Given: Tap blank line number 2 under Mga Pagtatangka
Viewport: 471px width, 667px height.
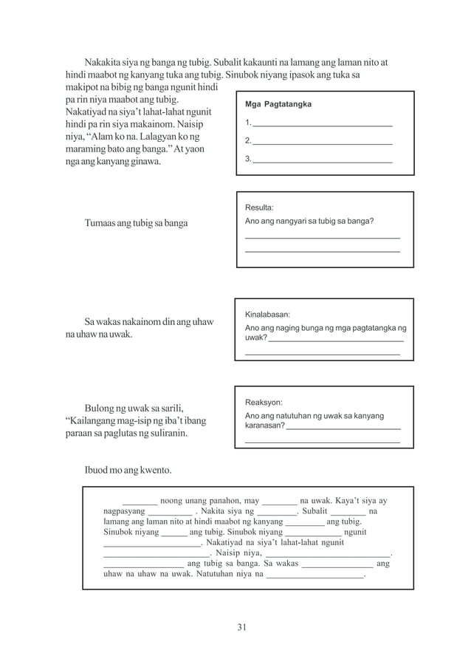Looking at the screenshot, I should coord(322,140).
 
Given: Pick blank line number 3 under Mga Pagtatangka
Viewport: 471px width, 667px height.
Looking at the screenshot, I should coord(322,159).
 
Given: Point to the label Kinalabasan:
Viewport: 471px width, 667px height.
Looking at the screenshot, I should coord(267,313).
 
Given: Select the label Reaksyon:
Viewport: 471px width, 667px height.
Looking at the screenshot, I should coord(263,403).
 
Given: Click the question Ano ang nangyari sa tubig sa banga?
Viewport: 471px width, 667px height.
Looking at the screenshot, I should coord(309,222).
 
